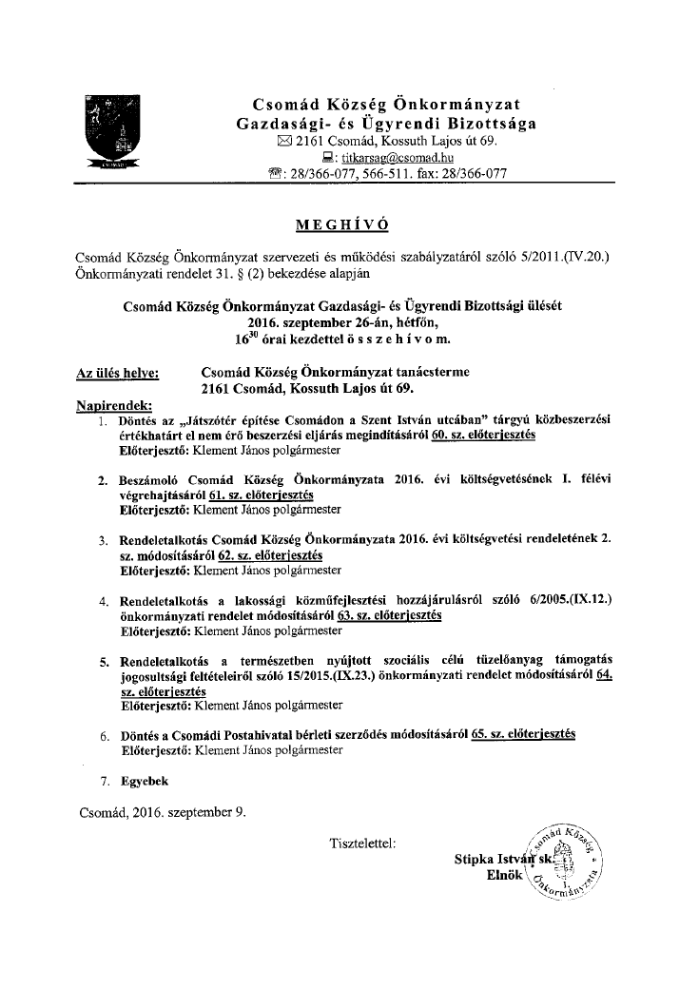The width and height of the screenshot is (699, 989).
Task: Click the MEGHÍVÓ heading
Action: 343,224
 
